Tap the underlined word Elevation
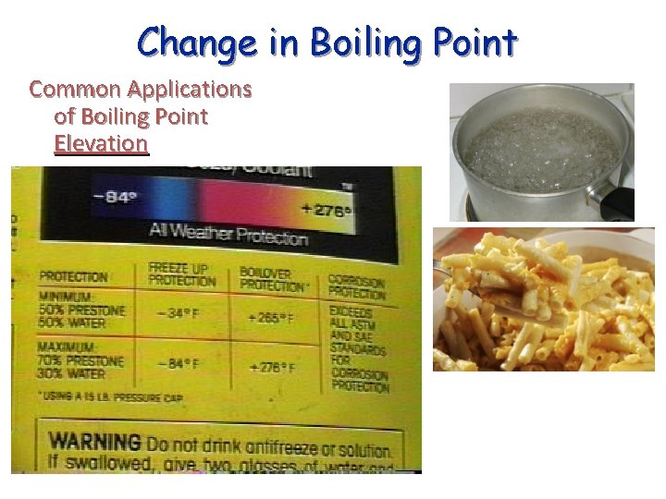(101, 143)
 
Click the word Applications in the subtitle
(190, 90)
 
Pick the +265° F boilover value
(270, 318)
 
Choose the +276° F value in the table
(272, 368)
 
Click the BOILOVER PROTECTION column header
(273, 278)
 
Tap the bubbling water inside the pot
(541, 148)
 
